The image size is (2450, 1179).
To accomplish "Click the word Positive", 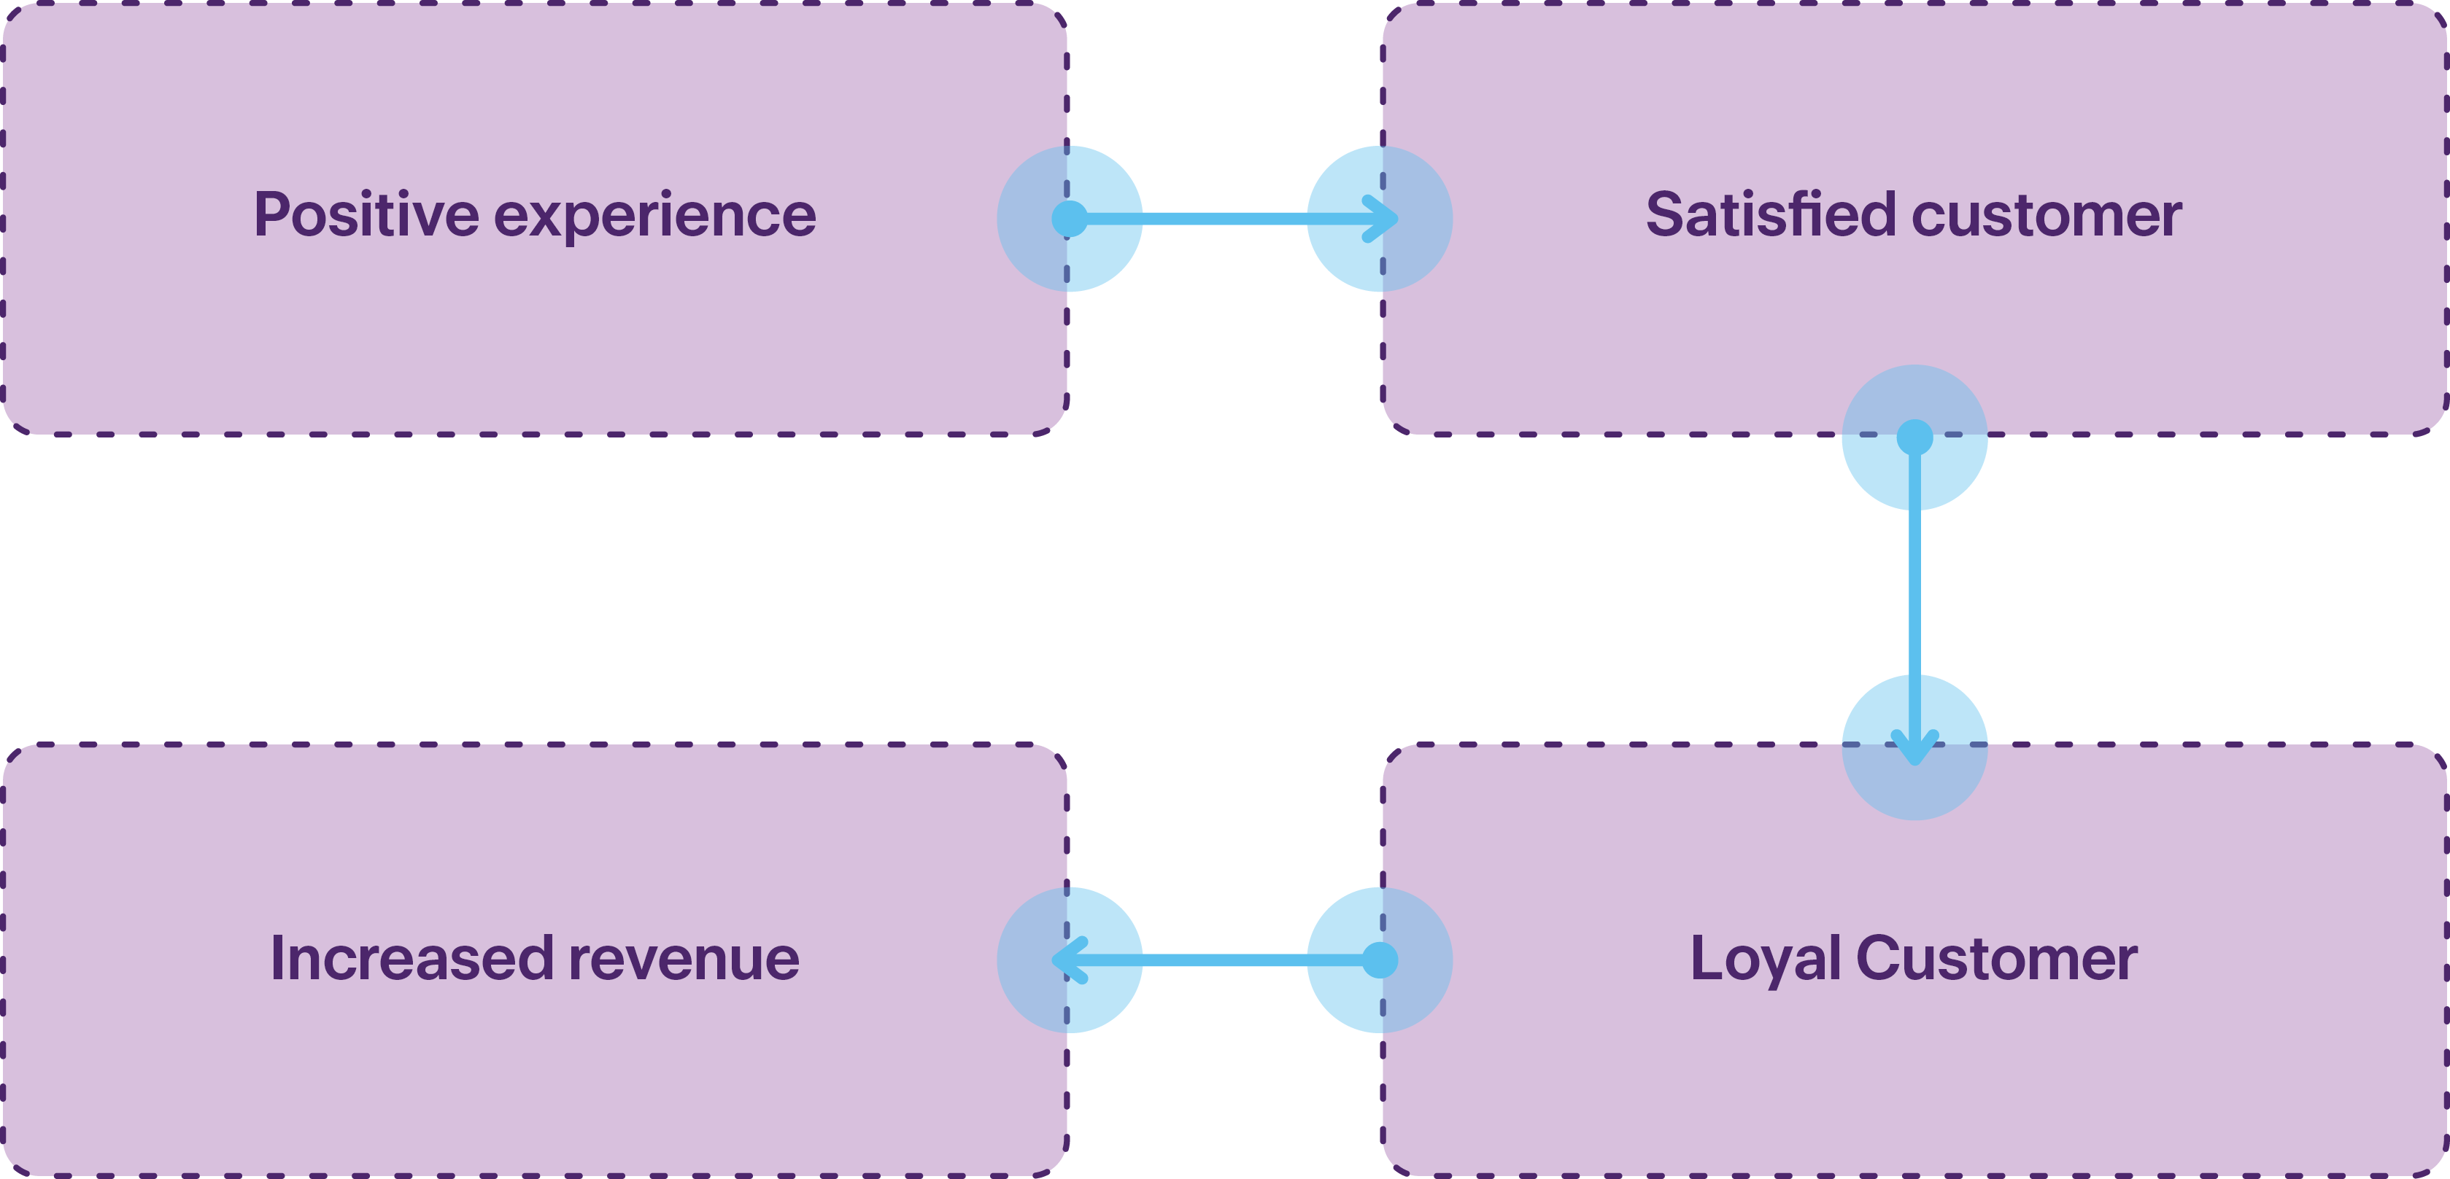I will click(366, 215).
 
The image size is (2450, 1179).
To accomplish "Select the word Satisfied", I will click(1770, 215).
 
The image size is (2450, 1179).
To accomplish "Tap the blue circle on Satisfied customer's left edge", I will click(1379, 219).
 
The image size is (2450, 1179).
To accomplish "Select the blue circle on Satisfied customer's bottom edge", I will click(1914, 437).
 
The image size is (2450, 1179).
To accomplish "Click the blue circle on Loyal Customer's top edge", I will click(1914, 747).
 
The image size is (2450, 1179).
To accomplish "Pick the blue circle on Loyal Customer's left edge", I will click(1379, 960).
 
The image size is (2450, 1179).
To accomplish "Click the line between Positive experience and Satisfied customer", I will click(1224, 219).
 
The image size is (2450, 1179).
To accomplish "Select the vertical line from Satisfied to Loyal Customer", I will click(1914, 592).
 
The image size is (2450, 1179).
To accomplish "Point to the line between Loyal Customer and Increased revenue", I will click(1224, 960).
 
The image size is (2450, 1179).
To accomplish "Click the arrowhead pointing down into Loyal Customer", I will click(1914, 756).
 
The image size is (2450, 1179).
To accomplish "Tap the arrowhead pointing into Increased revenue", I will click(1059, 960).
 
